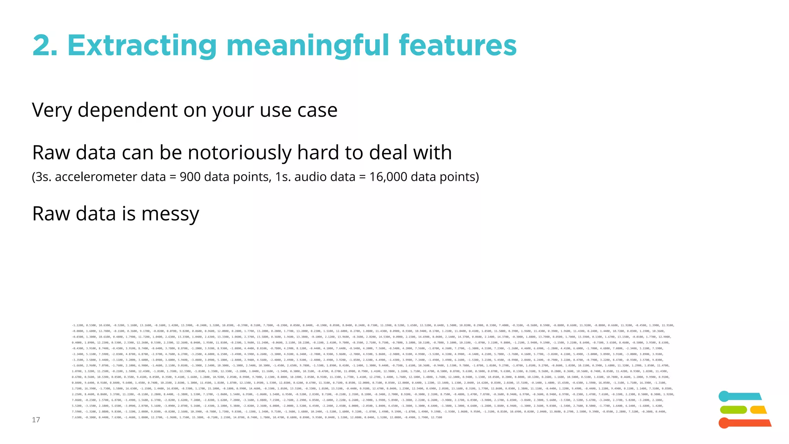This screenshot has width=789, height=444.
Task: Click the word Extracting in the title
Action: tap(142, 46)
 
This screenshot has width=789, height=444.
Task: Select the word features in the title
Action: tap(457, 45)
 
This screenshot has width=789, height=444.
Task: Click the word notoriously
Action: tap(240, 153)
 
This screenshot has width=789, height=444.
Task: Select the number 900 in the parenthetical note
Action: tap(190, 177)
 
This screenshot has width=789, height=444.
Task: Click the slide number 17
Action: tap(36, 420)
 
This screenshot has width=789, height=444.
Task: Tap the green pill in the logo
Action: tap(733, 410)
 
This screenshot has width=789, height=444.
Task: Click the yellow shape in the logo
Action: tap(758, 410)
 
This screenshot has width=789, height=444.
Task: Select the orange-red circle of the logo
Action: tap(724, 423)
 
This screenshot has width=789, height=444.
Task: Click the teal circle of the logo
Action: tap(724, 396)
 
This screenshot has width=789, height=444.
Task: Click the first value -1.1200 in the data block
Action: tap(77, 325)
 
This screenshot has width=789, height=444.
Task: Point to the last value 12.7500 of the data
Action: tap(436, 417)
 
